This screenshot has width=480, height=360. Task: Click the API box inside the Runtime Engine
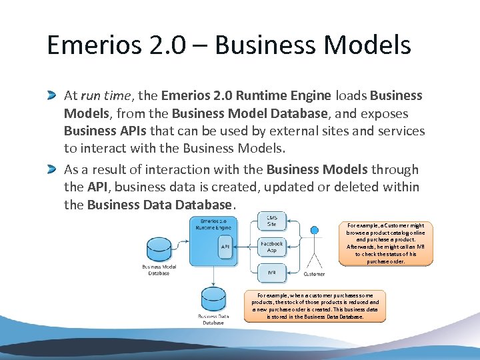point(225,247)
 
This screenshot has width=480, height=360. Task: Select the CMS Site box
point(271,221)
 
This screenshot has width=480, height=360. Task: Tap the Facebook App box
point(271,247)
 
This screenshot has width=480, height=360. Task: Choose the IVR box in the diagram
point(271,273)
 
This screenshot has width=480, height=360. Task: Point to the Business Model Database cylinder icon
point(159,249)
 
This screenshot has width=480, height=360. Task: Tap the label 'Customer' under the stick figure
point(314,274)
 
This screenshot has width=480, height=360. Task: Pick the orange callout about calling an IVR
point(385,243)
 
